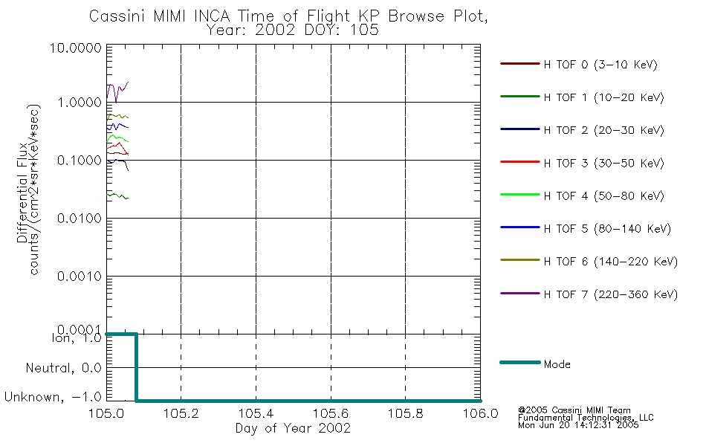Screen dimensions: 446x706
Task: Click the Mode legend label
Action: pyautogui.click(x=557, y=364)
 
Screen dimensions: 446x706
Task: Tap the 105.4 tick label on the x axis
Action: pyautogui.click(x=256, y=413)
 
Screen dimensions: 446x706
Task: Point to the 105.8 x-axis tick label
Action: pyautogui.click(x=405, y=413)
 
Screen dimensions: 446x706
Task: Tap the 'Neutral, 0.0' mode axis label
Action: pyautogui.click(x=63, y=368)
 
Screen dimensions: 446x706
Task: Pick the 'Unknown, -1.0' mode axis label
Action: pyautogui.click(x=54, y=398)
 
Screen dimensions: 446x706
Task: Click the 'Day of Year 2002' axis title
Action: pyautogui.click(x=293, y=428)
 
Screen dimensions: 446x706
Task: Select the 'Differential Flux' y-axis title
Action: pyautogui.click(x=23, y=187)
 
